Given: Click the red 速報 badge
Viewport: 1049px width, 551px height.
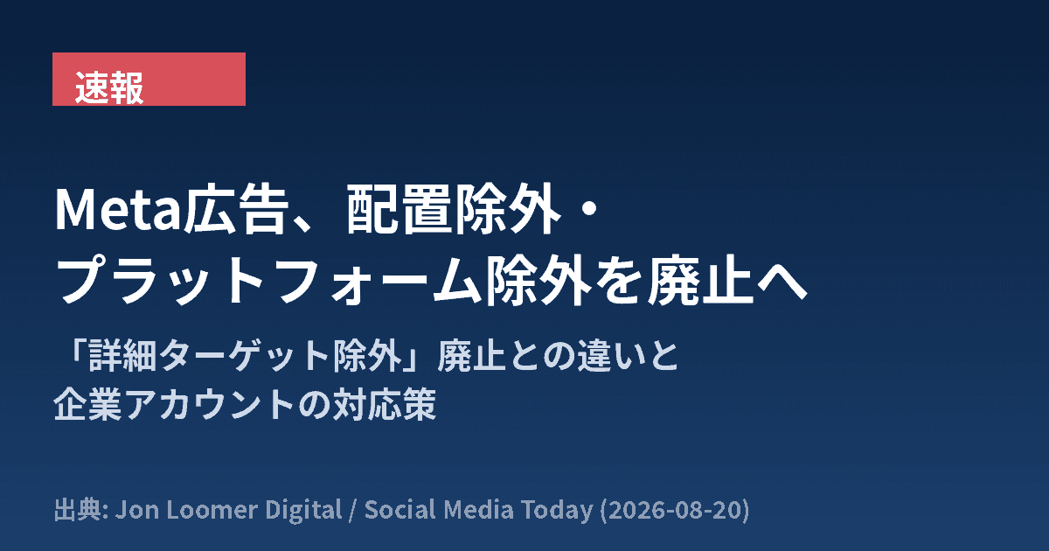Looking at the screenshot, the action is click(149, 80).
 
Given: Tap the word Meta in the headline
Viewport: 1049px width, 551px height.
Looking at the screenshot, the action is click(118, 209).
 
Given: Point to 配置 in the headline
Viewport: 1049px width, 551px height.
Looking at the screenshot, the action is click(398, 209).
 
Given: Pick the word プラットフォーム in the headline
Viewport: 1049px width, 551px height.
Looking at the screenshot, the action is click(269, 280).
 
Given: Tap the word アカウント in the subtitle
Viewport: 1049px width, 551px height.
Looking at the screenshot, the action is click(209, 404).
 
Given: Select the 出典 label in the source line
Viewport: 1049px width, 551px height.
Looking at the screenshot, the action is click(76, 510).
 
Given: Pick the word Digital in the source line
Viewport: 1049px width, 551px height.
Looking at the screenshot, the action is click(303, 511).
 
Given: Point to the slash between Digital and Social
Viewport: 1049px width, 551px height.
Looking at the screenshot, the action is click(353, 511).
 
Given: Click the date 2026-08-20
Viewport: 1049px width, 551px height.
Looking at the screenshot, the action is click(675, 510).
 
